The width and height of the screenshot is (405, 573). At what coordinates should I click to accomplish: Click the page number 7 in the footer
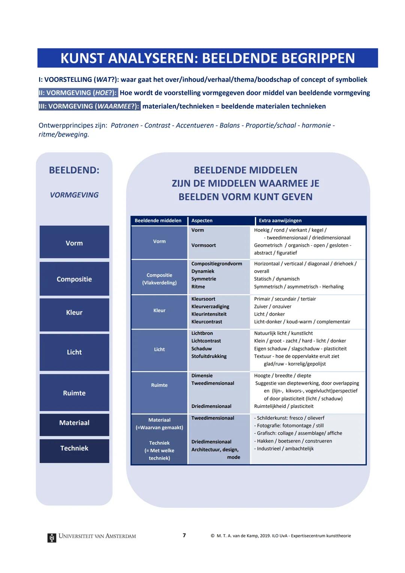184,535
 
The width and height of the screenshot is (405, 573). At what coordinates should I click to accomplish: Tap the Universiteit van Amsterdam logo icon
52,537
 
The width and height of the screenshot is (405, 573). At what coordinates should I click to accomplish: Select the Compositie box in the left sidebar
74,279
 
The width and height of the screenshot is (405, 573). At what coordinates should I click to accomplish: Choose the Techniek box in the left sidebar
74,448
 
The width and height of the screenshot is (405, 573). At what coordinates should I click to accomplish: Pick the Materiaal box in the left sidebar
74,423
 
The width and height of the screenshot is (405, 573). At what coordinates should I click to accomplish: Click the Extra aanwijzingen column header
280,221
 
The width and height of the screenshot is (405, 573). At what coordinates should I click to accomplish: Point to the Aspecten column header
202,221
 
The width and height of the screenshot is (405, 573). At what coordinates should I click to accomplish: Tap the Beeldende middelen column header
158,221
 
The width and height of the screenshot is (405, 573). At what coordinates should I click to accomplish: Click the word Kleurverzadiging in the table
210,307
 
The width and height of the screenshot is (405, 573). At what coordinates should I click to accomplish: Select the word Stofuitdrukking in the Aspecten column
209,356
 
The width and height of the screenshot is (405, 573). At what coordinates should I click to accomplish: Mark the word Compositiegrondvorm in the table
217,264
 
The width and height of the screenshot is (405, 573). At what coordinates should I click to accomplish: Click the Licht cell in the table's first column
159,349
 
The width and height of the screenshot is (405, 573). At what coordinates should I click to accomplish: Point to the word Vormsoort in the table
204,245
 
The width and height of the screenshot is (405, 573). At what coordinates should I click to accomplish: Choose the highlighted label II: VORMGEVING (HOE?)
78,93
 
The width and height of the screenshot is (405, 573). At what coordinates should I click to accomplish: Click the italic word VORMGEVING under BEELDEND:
74,195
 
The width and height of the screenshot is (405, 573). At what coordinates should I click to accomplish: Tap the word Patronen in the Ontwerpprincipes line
124,125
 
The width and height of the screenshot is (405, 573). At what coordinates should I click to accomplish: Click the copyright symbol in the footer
213,536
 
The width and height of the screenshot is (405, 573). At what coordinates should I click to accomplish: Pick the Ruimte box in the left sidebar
74,393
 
